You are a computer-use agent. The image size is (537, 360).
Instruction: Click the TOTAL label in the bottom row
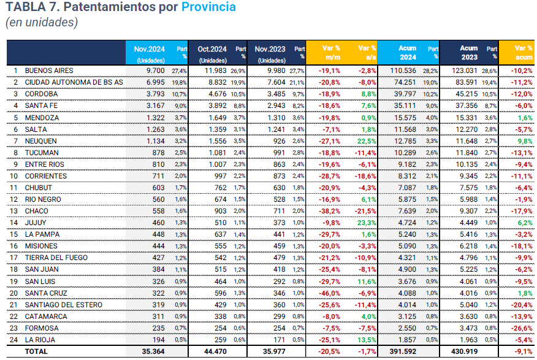pos(36,351)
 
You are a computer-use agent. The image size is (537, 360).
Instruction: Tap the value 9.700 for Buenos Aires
pos(156,71)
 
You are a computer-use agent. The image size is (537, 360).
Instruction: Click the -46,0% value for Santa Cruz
pos(330,293)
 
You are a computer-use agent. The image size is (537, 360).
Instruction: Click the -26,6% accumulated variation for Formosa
pos(522,327)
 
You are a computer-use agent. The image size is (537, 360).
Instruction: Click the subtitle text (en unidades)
pos(42,23)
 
